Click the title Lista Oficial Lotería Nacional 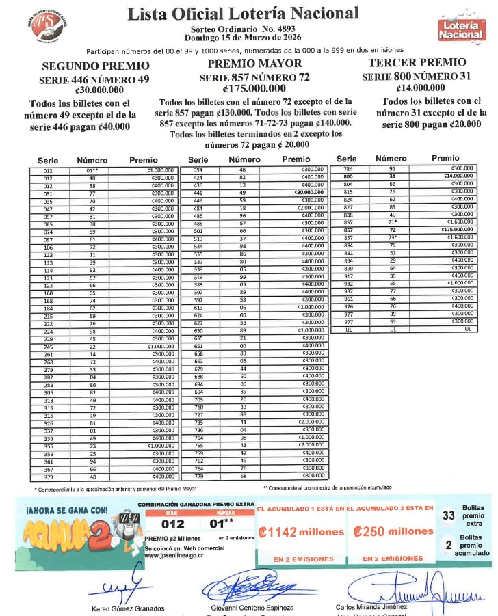point(243,13)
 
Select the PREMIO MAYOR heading point(246,64)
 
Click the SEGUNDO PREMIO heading point(96,66)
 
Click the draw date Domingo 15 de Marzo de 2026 point(242,38)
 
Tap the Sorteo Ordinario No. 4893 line point(242,29)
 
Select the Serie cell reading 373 point(49,476)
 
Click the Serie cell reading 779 point(199,476)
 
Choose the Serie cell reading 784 point(349,168)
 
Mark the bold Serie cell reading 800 point(349,176)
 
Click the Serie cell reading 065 point(49,223)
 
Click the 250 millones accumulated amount point(393,531)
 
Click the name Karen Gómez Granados point(128,608)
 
